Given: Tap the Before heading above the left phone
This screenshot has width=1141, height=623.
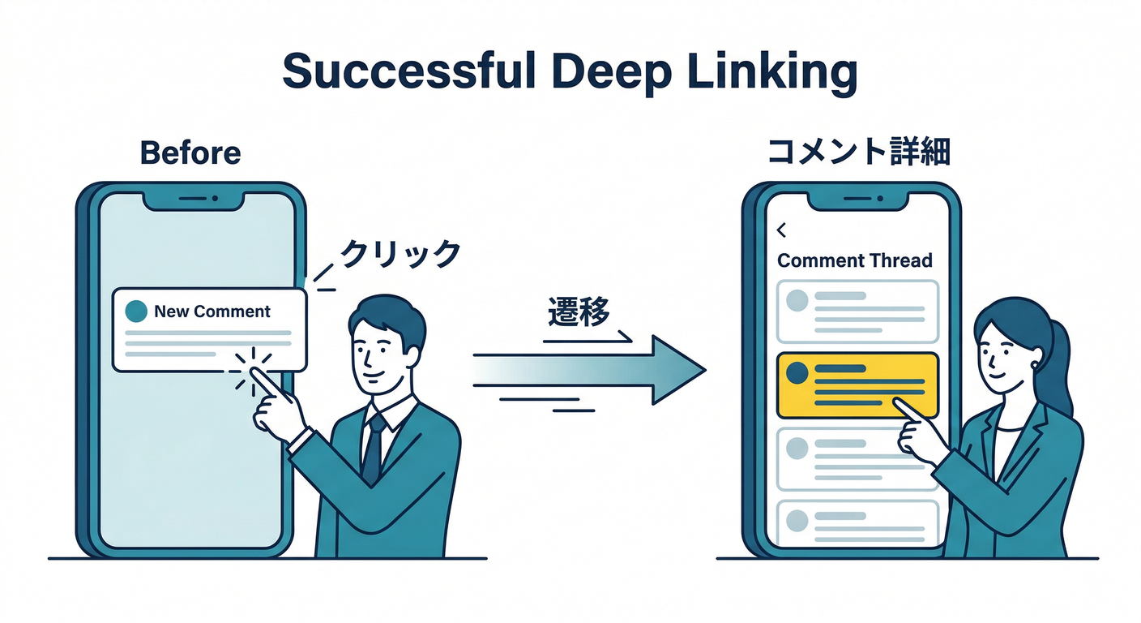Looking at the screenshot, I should click(x=190, y=153).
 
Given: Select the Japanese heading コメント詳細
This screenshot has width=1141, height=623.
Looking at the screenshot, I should click(x=858, y=152).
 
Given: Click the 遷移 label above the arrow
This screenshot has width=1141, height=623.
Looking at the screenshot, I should click(x=578, y=312).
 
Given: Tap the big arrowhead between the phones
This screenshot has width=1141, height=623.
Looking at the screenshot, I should click(x=677, y=370).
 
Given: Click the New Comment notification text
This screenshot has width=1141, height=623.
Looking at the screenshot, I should click(x=212, y=311).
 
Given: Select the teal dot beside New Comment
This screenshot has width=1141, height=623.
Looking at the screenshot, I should click(x=137, y=311).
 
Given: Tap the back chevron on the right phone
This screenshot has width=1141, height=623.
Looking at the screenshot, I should click(x=781, y=231).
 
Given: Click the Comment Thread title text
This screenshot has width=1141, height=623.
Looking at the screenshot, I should click(x=855, y=260).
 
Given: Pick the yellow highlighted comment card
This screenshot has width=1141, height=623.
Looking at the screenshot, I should click(x=857, y=385).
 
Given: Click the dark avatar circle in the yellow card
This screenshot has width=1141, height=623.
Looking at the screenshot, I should click(x=798, y=373).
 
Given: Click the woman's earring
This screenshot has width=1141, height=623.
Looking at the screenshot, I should click(x=1036, y=365).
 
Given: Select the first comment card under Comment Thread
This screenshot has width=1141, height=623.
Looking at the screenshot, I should click(x=857, y=311).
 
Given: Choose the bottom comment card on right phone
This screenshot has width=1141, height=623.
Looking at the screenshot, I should click(x=857, y=522).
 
